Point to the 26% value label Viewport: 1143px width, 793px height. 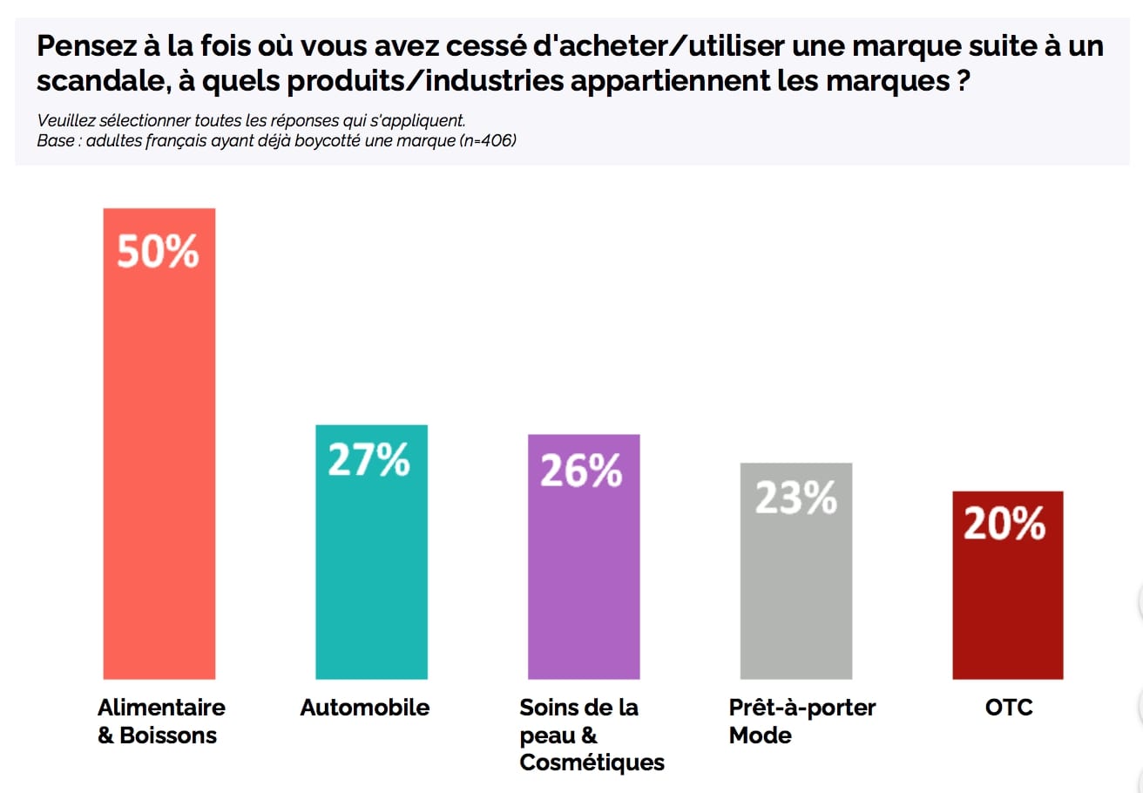click(x=582, y=471)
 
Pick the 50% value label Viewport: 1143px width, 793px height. click(x=159, y=252)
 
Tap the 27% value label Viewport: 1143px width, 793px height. click(x=369, y=460)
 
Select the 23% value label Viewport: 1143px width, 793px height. click(x=795, y=498)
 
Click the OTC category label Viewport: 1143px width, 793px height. click(x=1009, y=707)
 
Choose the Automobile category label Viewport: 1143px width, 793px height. click(x=365, y=707)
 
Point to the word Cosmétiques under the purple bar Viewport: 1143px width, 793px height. click(x=592, y=762)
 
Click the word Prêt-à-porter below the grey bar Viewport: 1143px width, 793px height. click(x=802, y=707)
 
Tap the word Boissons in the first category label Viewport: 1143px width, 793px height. click(x=169, y=735)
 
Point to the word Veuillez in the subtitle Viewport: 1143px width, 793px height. click(x=65, y=120)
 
